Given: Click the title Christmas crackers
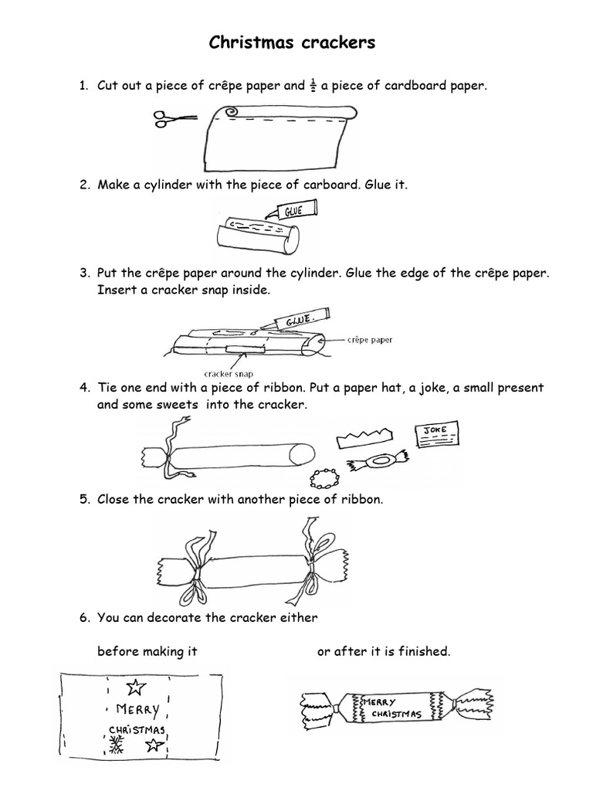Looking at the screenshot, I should [x=292, y=43].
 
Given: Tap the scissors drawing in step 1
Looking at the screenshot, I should [x=175, y=118].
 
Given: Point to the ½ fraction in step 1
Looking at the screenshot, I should [x=314, y=85].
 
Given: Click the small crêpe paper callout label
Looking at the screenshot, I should [x=370, y=339].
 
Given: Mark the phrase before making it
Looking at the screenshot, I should [x=147, y=651].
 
